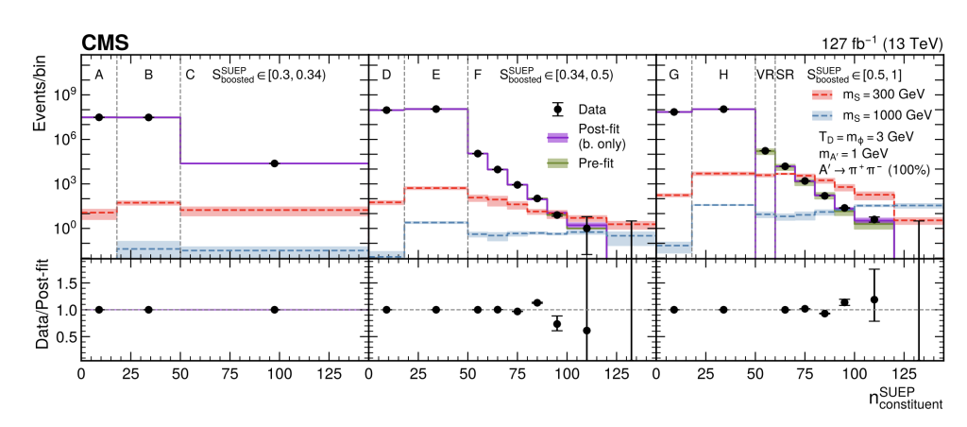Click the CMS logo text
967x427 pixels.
click(104, 43)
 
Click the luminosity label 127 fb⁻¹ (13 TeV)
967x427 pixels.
click(882, 43)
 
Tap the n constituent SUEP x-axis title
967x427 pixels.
click(906, 398)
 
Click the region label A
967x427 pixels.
click(98, 76)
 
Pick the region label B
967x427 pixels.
click(148, 76)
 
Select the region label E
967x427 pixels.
click(436, 76)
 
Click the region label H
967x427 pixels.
click(723, 76)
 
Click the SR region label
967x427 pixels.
click(785, 76)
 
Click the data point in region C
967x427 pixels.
click(275, 163)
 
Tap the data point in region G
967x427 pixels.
click(674, 111)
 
